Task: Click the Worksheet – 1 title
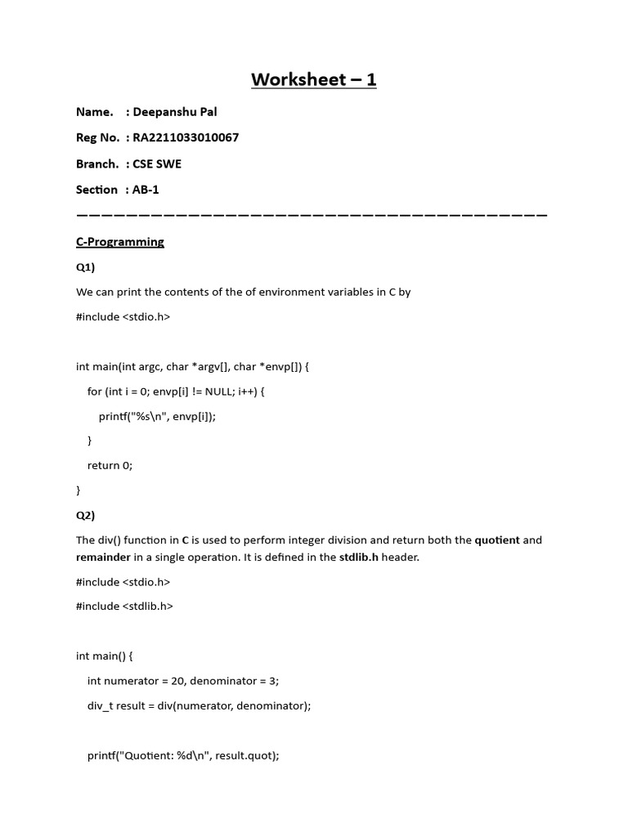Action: pyautogui.click(x=313, y=79)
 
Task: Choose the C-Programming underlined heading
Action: pyautogui.click(x=120, y=242)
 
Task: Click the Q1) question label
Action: pyautogui.click(x=86, y=266)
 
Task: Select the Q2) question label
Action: pyautogui.click(x=86, y=515)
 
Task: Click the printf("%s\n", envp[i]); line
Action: pyautogui.click(x=163, y=416)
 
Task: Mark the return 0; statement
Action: pyautogui.click(x=110, y=465)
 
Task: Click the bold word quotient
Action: pyautogui.click(x=497, y=540)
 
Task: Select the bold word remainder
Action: pyautogui.click(x=103, y=557)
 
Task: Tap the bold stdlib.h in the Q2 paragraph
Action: pyautogui.click(x=358, y=557)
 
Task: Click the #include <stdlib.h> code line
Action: pyautogui.click(x=124, y=606)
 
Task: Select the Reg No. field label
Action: pyautogui.click(x=97, y=137)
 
